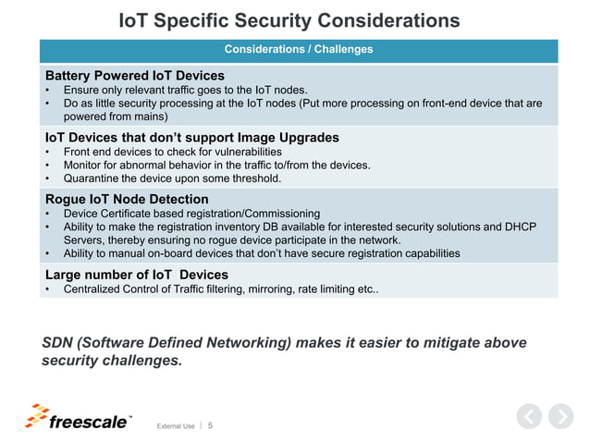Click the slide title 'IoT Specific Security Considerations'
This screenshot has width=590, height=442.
click(290, 20)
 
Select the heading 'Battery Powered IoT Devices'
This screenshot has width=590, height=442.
click(135, 75)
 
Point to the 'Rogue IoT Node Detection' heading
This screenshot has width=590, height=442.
click(127, 199)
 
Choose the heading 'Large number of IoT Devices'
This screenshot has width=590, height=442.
click(137, 275)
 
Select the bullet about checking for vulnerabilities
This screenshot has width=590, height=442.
click(172, 152)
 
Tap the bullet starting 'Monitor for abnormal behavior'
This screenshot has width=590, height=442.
click(216, 165)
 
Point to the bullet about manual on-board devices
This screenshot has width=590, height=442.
click(261, 252)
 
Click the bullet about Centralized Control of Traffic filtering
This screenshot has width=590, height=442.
click(220, 289)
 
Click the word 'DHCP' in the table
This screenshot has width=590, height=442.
click(519, 227)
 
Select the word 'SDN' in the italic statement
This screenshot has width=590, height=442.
click(59, 343)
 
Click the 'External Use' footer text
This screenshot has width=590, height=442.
click(176, 425)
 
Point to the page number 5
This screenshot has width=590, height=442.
click(210, 425)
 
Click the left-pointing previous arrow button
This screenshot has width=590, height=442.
click(527, 417)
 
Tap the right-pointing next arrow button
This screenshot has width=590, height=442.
click(560, 417)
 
